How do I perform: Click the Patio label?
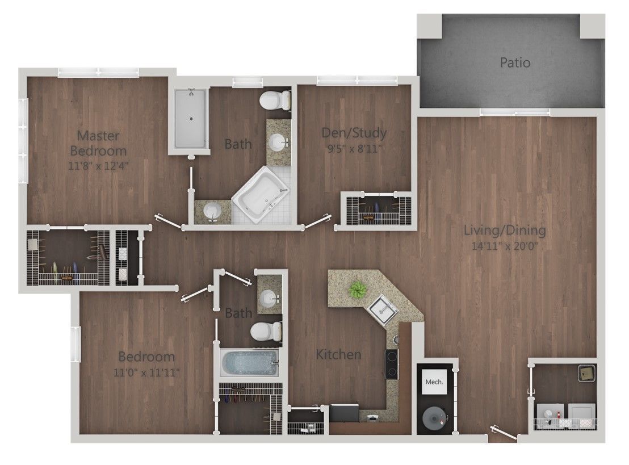(515, 62)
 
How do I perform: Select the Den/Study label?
(354, 134)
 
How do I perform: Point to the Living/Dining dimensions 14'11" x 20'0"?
(505, 246)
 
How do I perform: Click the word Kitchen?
(338, 355)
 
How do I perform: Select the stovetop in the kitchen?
(391, 364)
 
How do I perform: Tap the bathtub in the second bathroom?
(249, 363)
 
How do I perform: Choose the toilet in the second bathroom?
(265, 330)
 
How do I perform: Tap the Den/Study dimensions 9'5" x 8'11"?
(354, 149)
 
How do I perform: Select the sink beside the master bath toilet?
(278, 140)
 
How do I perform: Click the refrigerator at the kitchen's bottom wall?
(344, 413)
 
